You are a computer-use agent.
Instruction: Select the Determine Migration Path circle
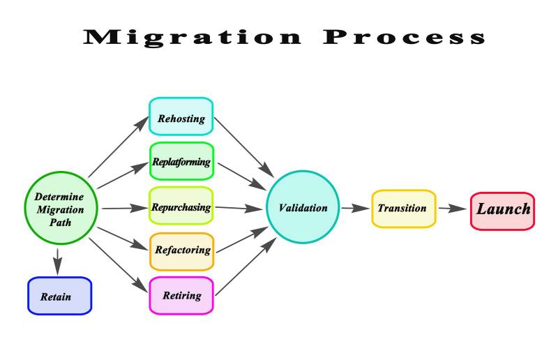point(59,209)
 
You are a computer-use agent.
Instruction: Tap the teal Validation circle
point(303,207)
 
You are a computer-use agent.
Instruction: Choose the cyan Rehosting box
point(181,117)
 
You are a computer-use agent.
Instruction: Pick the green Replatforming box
point(181,162)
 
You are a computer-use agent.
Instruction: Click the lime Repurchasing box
point(181,207)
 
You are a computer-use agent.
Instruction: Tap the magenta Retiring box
point(181,295)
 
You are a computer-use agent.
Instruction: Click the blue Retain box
point(59,296)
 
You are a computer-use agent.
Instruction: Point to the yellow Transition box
point(403,208)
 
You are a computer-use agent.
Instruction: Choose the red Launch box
point(502,209)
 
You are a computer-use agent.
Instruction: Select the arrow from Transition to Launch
point(453,208)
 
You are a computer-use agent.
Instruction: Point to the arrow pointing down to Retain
point(59,261)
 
